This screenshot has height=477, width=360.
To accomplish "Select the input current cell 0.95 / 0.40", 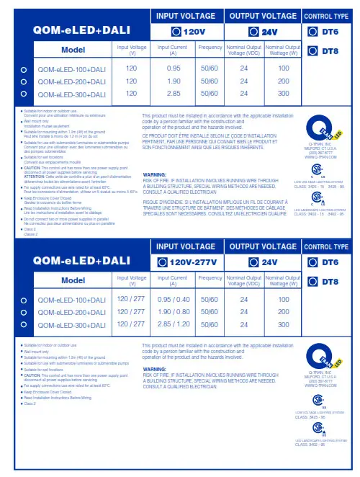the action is pos(173,299).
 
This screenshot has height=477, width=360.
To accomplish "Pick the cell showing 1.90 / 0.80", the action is pos(173,312).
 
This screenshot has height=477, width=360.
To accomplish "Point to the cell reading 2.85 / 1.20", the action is pos(173,325).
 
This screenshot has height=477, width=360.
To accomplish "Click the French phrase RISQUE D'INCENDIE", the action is pos(164,184).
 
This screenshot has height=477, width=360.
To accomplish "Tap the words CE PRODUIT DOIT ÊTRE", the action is pos(164,135).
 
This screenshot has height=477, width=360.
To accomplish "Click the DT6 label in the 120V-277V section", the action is pos(328,262).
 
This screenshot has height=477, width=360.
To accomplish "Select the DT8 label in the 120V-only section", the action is pos(328,50).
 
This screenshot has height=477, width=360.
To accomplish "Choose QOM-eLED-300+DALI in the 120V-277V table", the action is pos(71,325).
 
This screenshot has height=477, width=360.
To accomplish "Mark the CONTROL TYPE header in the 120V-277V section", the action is pos(327,247).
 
